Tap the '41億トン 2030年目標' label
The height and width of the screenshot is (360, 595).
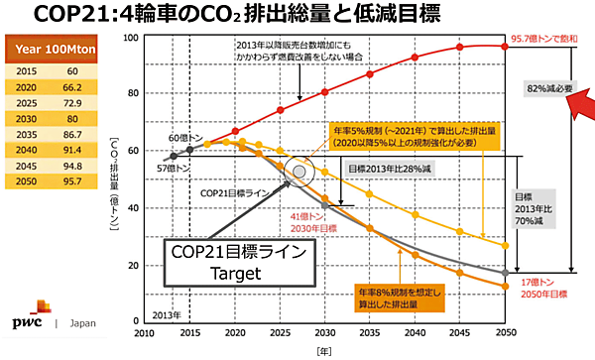300,224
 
